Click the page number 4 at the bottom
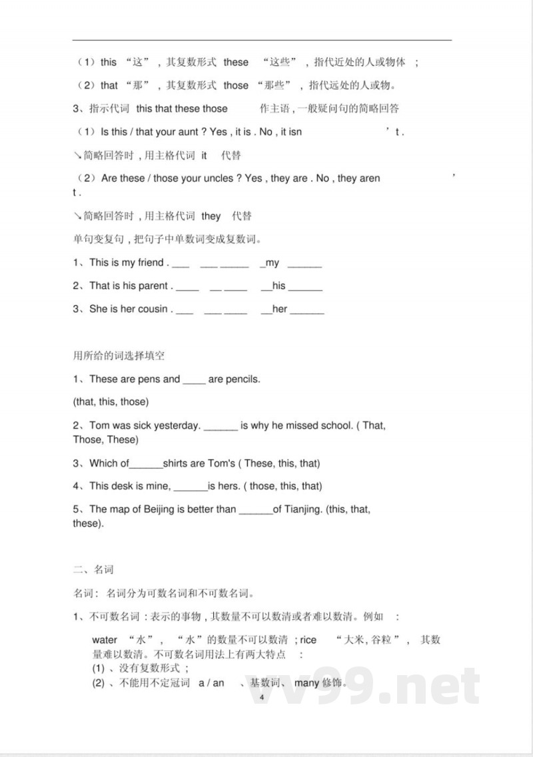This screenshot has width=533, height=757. [262, 696]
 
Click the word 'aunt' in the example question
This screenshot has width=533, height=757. [190, 132]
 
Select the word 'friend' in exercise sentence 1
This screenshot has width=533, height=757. [151, 262]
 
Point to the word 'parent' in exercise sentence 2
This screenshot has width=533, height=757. [153, 286]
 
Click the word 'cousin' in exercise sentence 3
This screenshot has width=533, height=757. [153, 309]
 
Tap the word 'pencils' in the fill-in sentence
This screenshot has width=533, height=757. [243, 379]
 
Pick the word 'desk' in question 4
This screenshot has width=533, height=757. [123, 486]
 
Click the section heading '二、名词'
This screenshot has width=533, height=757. [93, 569]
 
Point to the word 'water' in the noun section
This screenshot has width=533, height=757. [105, 640]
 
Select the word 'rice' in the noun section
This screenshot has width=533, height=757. [308, 640]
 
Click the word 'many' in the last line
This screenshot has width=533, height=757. [306, 683]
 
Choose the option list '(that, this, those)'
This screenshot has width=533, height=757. [111, 402]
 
